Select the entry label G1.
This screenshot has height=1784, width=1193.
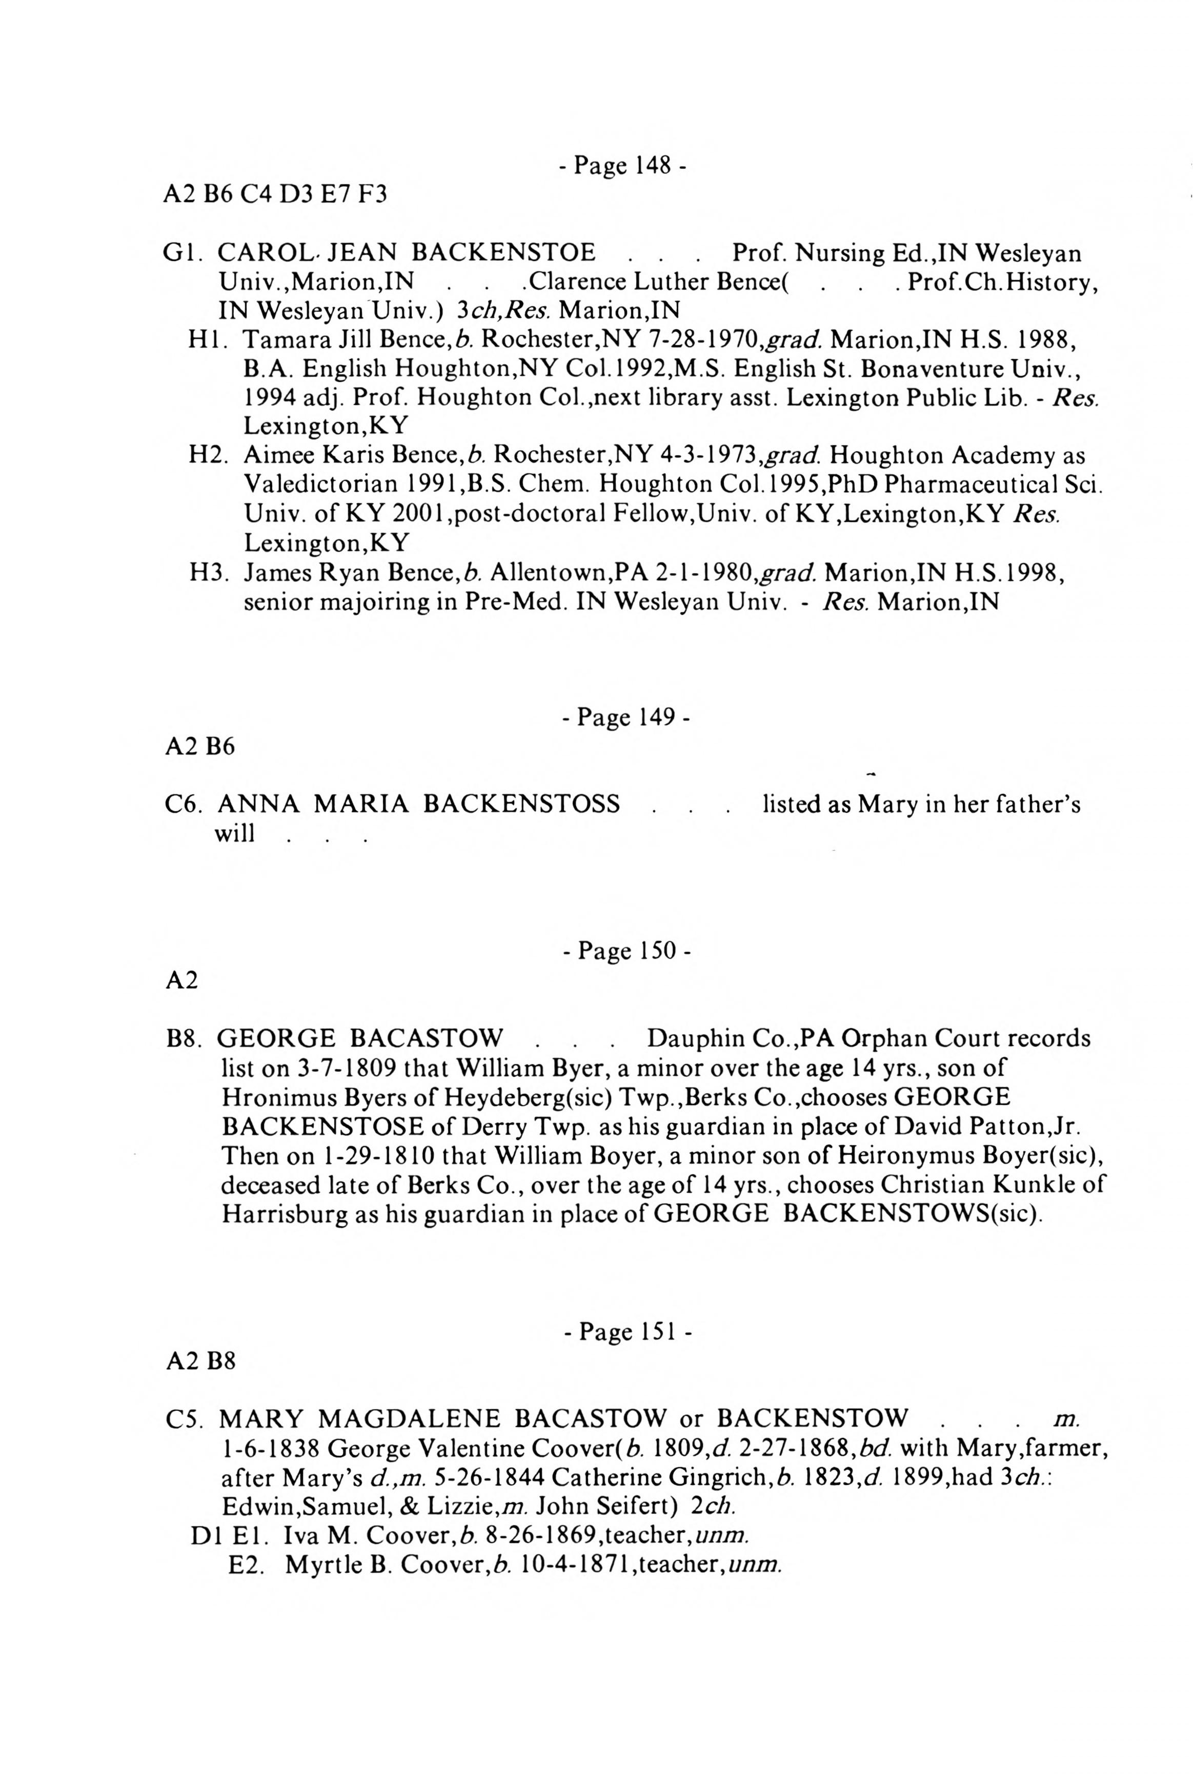[180, 253]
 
